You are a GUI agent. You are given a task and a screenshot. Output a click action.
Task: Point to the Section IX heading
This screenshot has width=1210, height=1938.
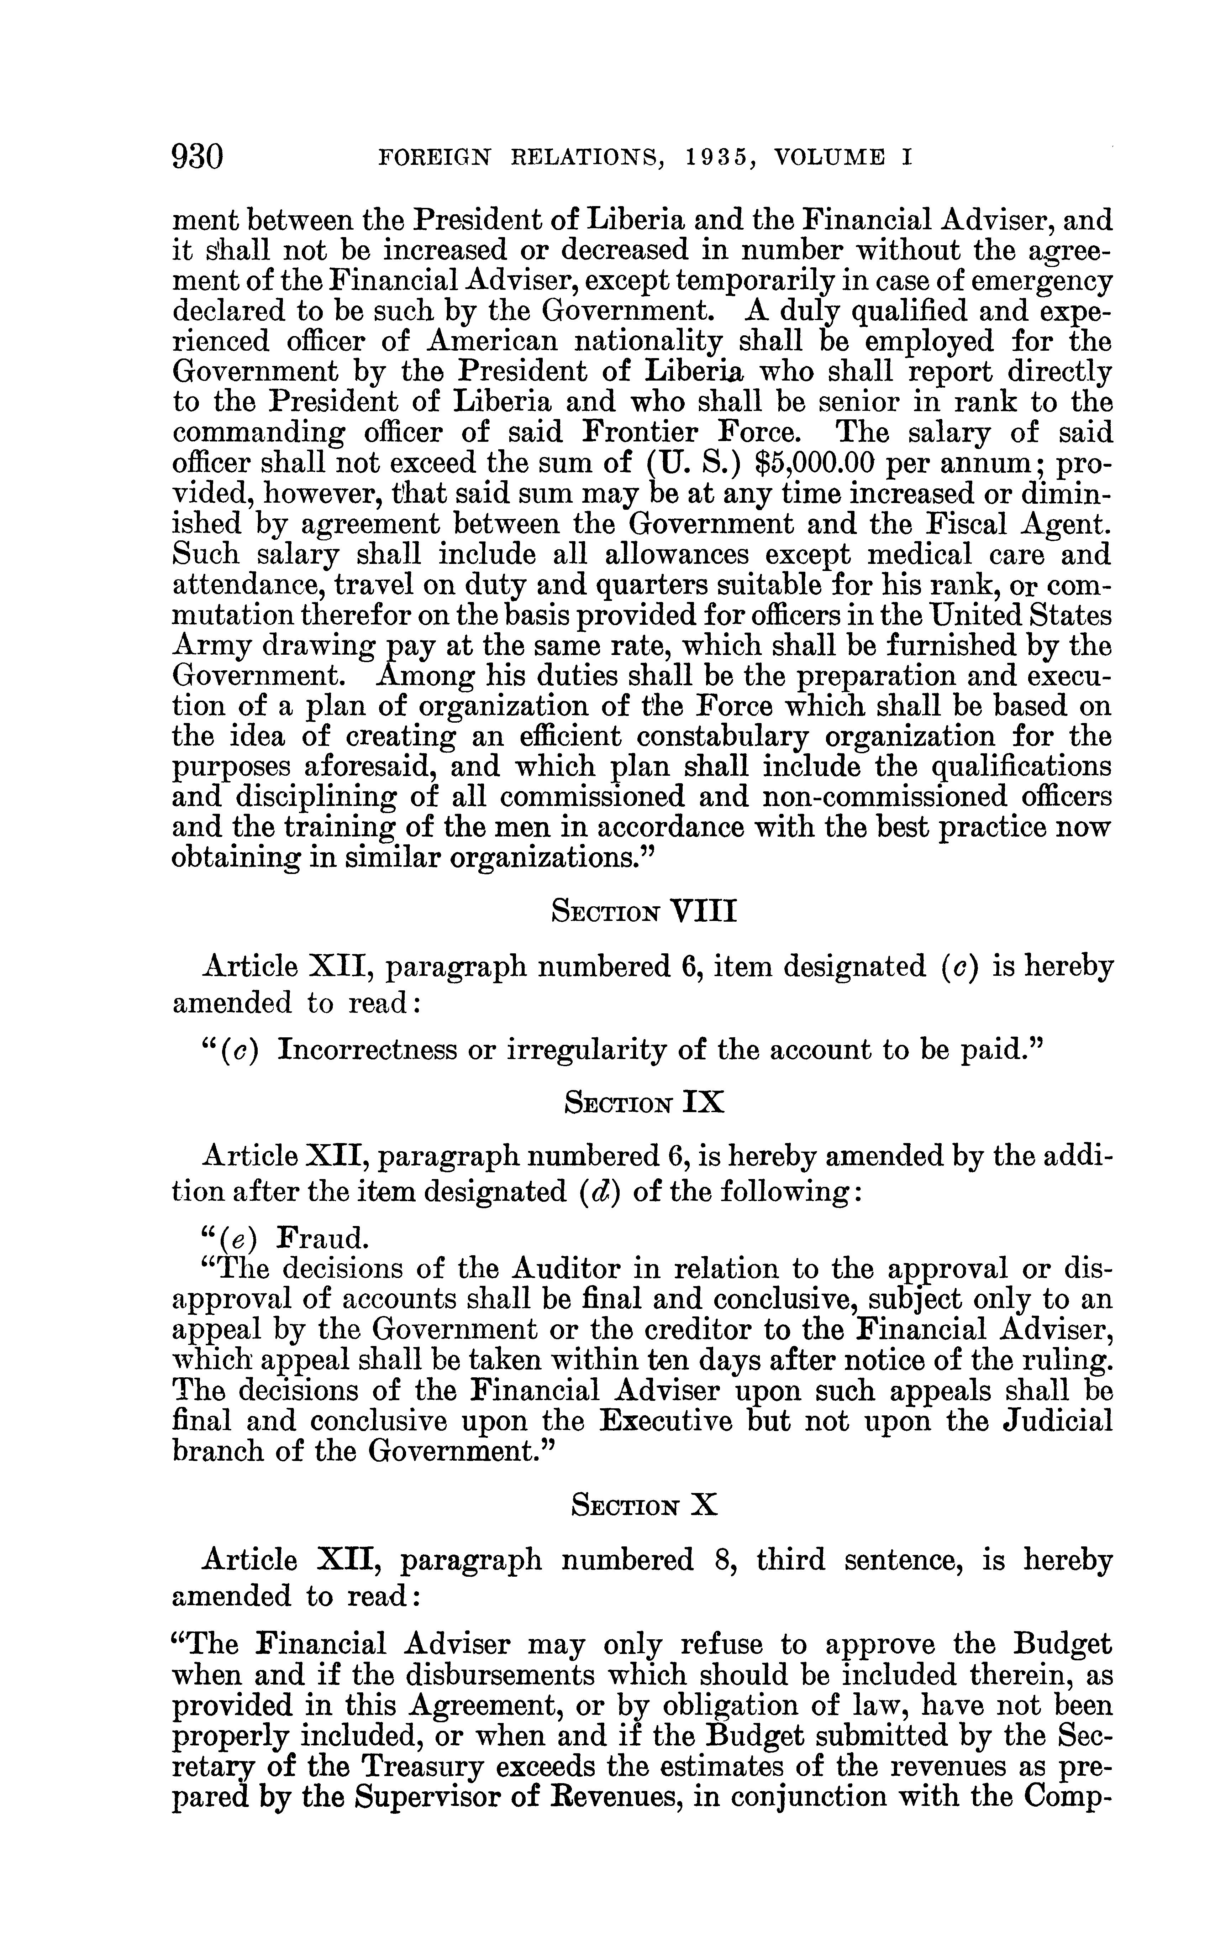click(x=644, y=1103)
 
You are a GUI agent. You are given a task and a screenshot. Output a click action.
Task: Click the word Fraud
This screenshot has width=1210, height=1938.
click(x=323, y=1238)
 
